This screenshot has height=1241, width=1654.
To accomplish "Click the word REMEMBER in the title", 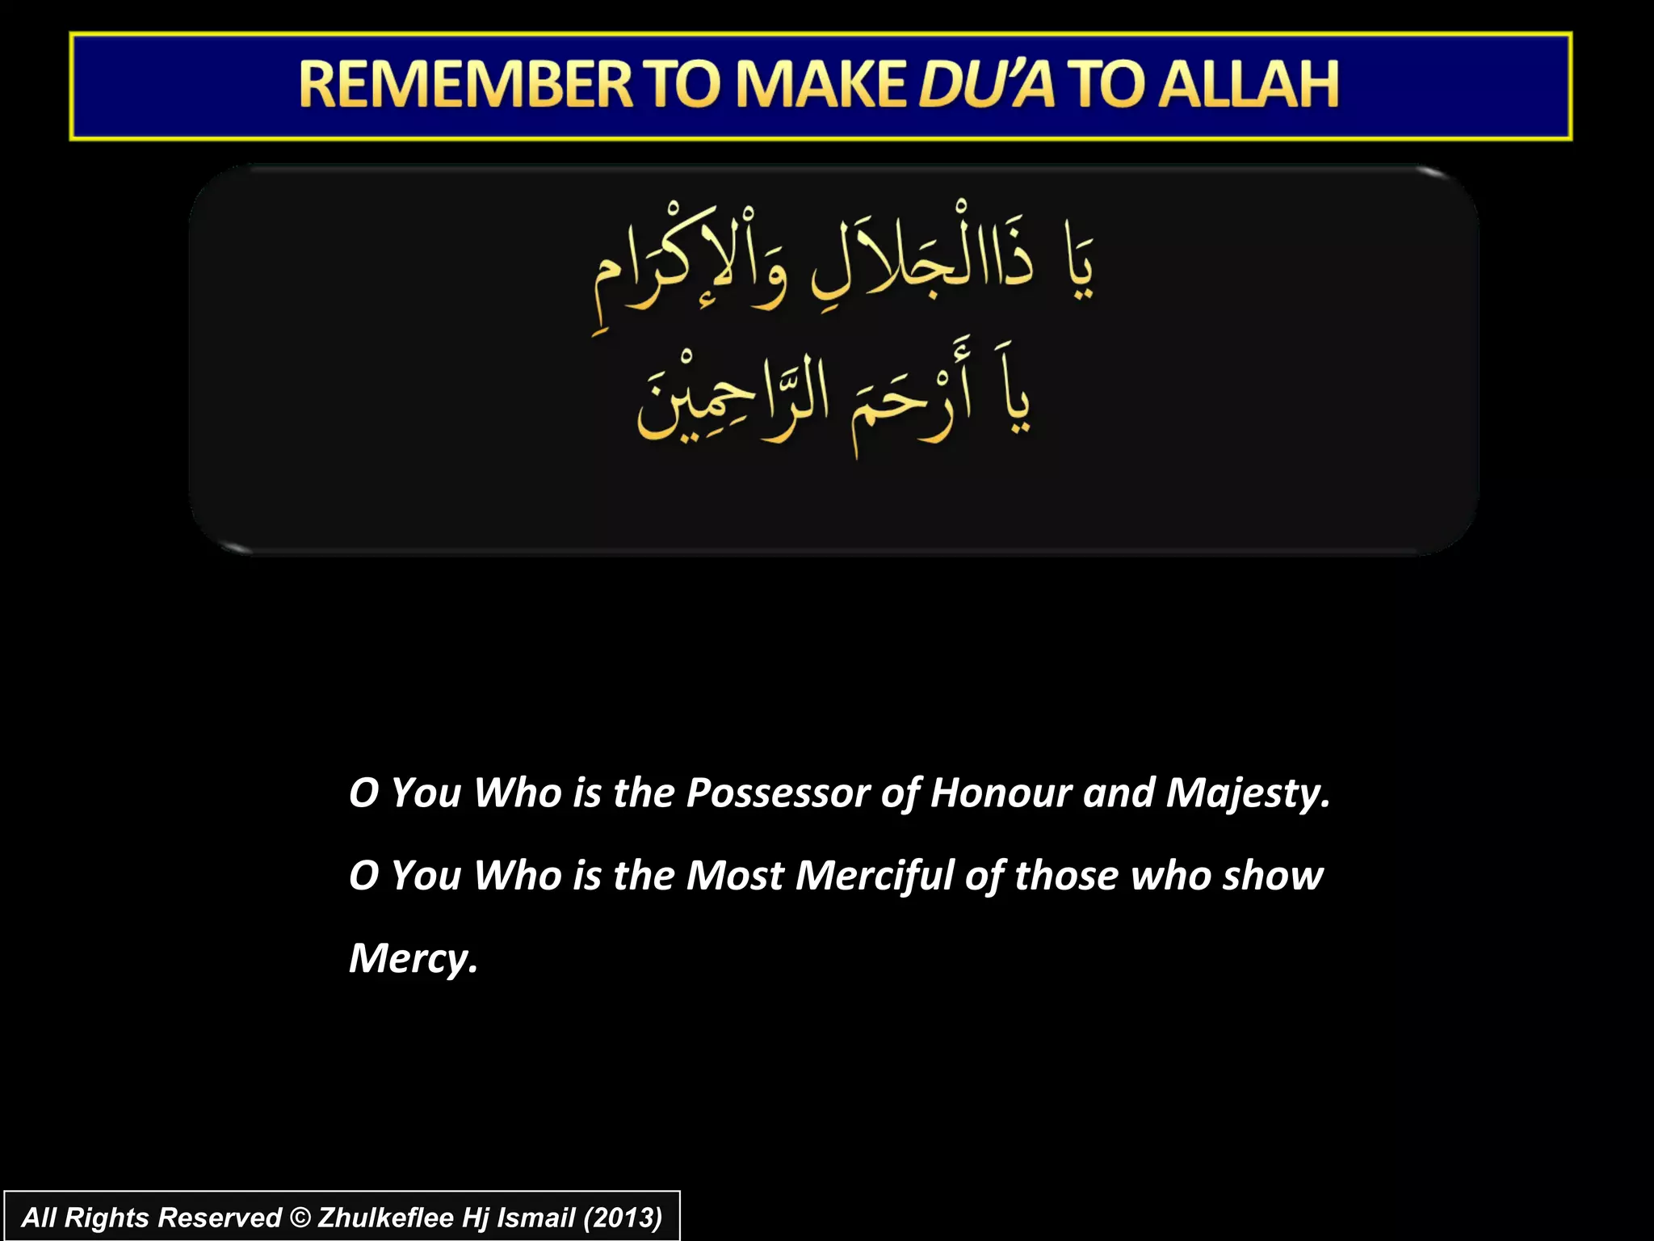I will click(x=466, y=85).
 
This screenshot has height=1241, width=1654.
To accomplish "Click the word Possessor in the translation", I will click(x=777, y=793).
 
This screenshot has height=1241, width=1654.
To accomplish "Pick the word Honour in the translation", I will click(x=1001, y=793).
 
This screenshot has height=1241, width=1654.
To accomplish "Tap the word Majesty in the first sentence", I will click(x=1247, y=794).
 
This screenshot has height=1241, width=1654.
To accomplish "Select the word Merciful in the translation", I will click(x=875, y=876).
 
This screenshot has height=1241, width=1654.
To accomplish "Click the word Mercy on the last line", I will click(x=412, y=960).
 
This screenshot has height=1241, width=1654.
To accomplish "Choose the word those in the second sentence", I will click(x=1066, y=876).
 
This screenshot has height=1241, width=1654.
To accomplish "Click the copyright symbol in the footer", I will click(x=300, y=1218).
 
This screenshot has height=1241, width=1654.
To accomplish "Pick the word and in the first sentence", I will click(x=1119, y=793).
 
